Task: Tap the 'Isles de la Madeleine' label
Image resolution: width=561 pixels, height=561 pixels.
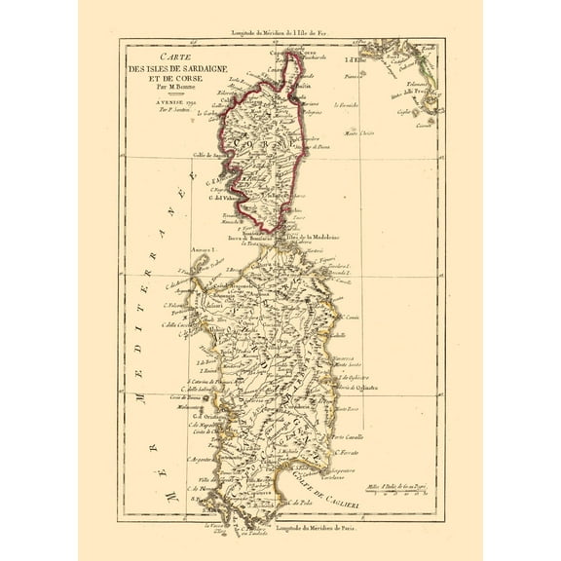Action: click(x=318, y=238)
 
